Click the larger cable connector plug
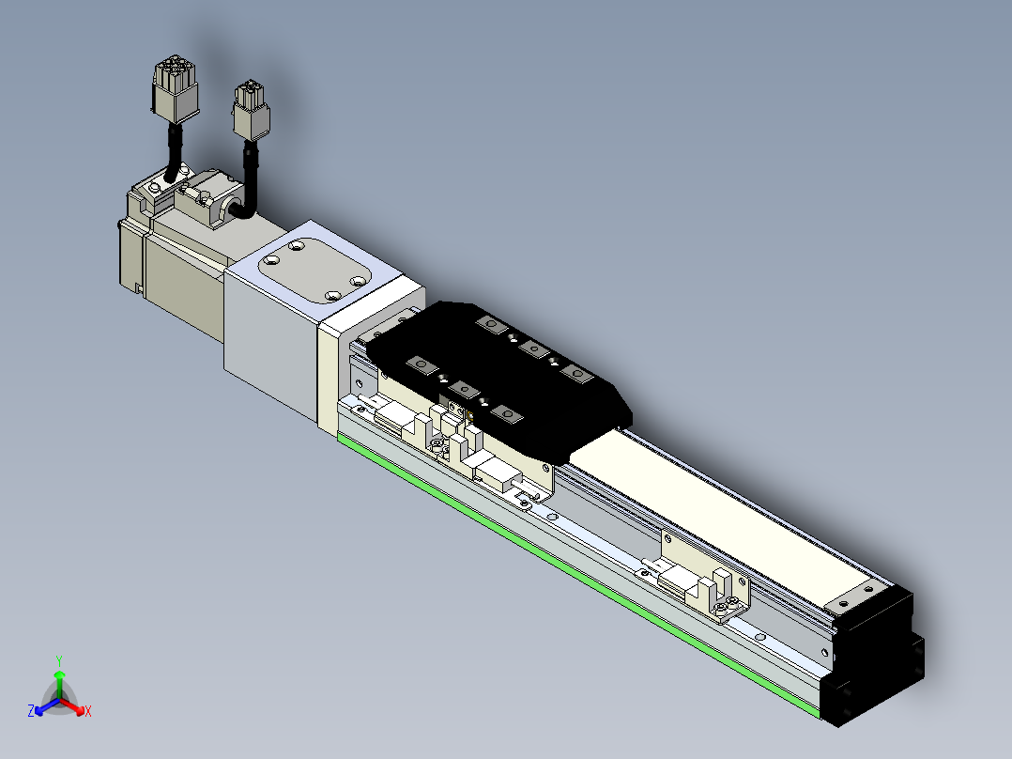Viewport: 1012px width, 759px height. tap(175, 88)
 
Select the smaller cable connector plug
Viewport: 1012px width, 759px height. tap(251, 110)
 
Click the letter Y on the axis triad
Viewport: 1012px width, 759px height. tap(59, 659)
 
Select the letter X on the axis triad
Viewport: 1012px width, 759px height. tap(88, 712)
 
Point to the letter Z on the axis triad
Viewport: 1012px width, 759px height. tap(31, 712)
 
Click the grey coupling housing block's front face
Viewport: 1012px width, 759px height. tap(268, 338)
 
